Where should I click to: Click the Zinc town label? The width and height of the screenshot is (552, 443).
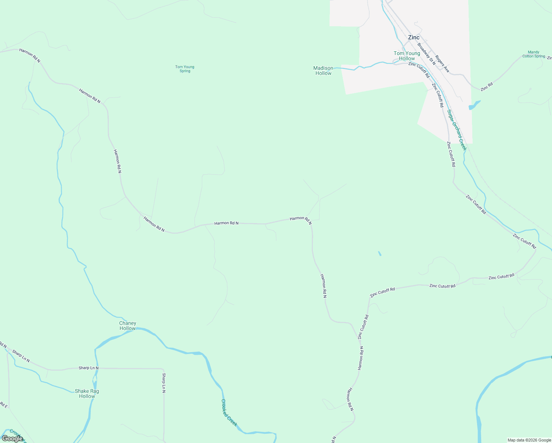414,37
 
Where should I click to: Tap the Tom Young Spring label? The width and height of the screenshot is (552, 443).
184,69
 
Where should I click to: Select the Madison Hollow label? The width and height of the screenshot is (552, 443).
323,71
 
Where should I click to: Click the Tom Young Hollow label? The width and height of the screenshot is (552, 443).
407,56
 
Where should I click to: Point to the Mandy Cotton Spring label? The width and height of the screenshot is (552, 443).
534,54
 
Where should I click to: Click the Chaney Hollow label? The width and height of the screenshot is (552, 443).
128,326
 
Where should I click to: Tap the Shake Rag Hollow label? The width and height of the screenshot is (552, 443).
87,394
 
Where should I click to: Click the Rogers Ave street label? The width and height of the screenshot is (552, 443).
442,64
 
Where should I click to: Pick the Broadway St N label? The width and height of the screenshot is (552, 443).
426,54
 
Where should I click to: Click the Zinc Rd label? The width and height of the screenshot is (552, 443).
487,87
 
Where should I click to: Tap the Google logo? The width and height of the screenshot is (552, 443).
13,439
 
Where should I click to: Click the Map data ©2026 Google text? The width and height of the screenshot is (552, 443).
529,440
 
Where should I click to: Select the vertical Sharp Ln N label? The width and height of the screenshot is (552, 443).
164,383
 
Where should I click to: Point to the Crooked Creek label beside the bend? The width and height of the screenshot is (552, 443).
229,413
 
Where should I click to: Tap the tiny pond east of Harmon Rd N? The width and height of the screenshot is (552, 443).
380,254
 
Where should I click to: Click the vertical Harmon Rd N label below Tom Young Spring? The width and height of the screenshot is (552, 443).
117,161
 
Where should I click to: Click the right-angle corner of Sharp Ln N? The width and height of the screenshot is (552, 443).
163,369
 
